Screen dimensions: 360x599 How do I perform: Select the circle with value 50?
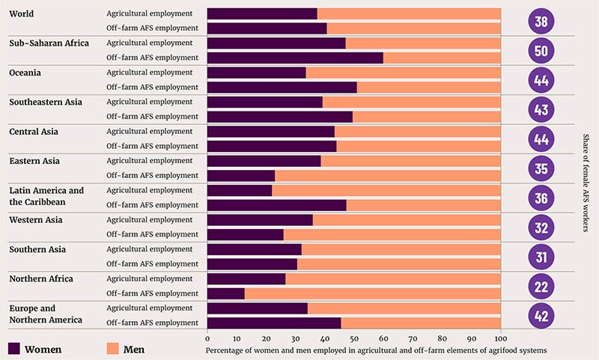coord(541,50)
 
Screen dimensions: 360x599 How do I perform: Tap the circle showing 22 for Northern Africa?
coord(541,286)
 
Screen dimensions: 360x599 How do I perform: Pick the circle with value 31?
coord(541,257)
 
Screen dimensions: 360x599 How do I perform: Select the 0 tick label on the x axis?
coord(207,335)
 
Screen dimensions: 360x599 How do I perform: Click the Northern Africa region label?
coord(41,278)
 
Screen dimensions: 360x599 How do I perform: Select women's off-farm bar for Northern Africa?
coord(226,293)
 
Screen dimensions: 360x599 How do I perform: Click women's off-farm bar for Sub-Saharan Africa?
coord(295,58)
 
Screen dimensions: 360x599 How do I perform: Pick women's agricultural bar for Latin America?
coord(240,190)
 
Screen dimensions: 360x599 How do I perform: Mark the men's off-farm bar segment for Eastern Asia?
coord(388,175)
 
